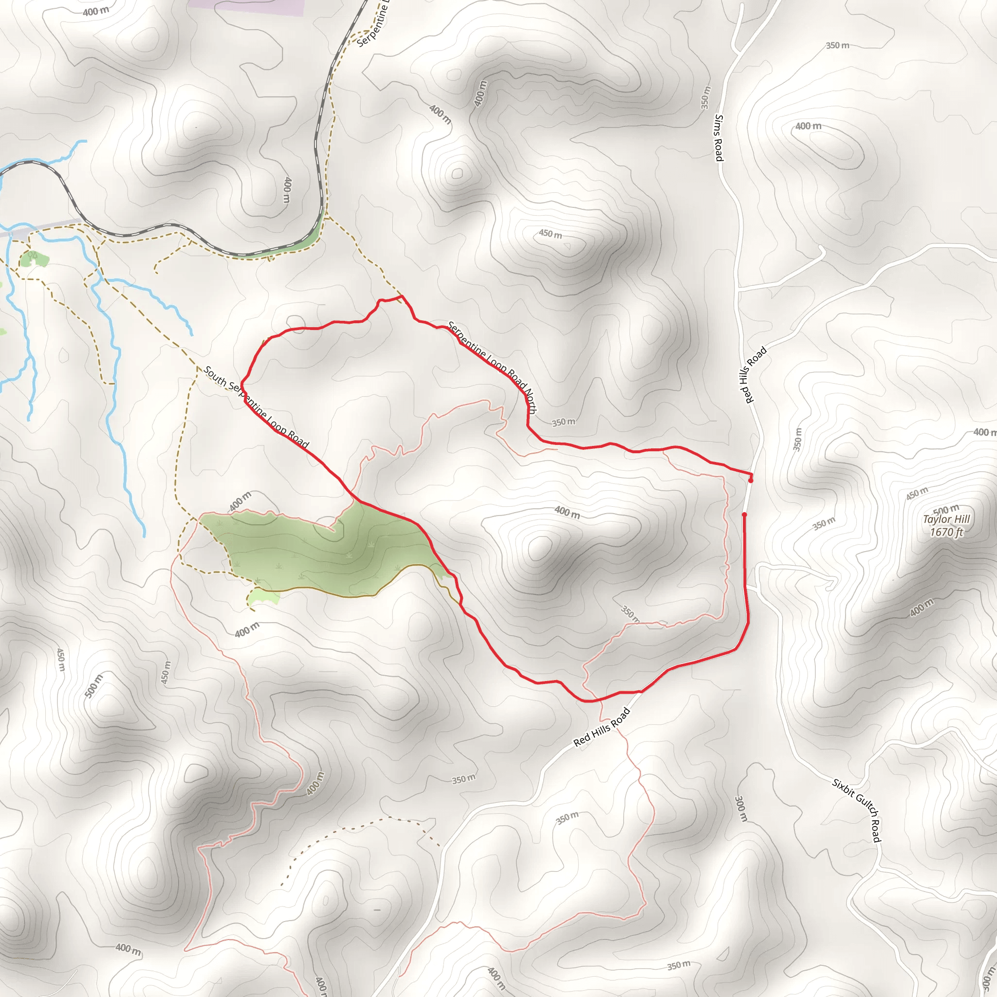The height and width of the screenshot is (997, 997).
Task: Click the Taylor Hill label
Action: (946, 519)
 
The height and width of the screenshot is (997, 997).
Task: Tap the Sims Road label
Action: (719, 138)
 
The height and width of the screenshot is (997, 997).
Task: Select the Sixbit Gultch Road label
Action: (857, 811)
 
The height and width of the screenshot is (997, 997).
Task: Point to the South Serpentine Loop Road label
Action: (256, 406)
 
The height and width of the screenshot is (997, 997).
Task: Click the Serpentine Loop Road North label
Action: (491, 367)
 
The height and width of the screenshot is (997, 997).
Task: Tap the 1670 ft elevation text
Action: (946, 532)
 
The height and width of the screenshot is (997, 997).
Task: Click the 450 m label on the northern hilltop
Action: (551, 234)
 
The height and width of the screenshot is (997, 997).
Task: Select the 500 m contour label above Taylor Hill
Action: (946, 510)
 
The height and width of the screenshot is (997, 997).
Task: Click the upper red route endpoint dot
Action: (751, 480)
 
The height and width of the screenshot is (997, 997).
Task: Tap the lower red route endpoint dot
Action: (744, 515)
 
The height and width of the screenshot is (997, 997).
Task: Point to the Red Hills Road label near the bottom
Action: (602, 727)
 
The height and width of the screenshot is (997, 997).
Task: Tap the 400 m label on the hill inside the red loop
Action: (567, 512)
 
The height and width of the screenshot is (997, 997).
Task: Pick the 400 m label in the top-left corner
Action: (96, 11)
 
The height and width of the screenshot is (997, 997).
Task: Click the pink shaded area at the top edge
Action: (247, 7)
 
